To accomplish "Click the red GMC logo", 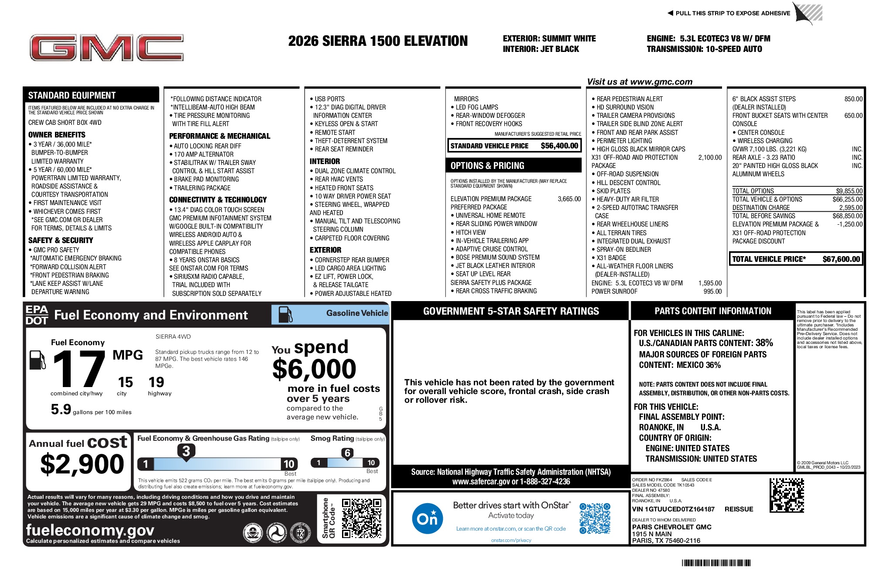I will (x=106, y=48).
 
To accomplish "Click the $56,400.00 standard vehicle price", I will (x=559, y=146).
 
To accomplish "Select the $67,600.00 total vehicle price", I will (x=841, y=259).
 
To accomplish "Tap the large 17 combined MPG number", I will (x=79, y=369).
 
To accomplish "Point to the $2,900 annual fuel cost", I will (x=82, y=464).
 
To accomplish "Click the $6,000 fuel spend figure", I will (x=314, y=369).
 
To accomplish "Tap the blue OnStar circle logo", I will (x=427, y=518).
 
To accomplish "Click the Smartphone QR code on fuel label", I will (x=361, y=518).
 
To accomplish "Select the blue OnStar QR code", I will (x=595, y=518).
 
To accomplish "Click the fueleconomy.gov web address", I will (x=90, y=530).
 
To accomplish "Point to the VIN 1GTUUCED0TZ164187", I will (x=673, y=509).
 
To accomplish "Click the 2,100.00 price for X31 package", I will (x=710, y=158).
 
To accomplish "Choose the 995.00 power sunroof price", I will (x=712, y=291).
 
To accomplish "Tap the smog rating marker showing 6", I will (x=347, y=453).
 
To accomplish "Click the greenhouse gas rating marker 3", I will (x=186, y=451).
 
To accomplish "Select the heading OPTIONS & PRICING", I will (x=487, y=166).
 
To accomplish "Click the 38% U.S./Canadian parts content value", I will (x=764, y=343).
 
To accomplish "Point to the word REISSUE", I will (x=739, y=509).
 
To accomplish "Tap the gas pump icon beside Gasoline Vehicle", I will (x=285, y=314).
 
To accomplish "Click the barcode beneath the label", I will (x=716, y=563).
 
